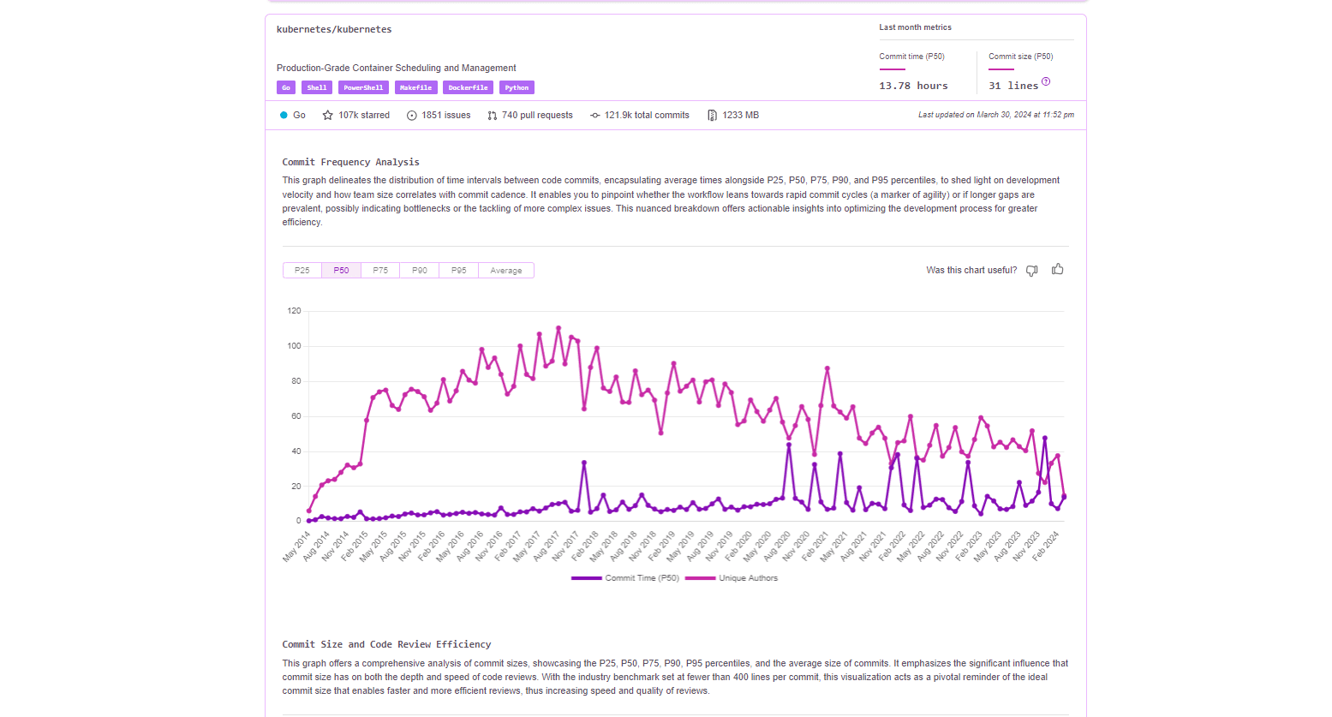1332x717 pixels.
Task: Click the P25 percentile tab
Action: tap(302, 271)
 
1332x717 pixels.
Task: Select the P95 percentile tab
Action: tap(459, 271)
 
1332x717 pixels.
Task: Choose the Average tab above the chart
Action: tap(505, 271)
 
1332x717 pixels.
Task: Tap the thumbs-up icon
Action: tap(1058, 269)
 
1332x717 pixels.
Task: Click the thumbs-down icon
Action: tap(1032, 271)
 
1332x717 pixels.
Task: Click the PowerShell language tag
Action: tap(363, 87)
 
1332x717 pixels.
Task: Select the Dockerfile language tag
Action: tap(468, 87)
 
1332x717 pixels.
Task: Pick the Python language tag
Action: tap(517, 87)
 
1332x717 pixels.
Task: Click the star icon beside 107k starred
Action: tap(327, 115)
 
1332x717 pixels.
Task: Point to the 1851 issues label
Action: tap(445, 115)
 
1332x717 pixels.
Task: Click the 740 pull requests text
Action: tap(537, 115)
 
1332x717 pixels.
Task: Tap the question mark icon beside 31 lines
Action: tap(1046, 82)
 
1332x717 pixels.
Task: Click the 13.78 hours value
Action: tap(913, 86)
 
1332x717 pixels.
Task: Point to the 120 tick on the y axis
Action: tap(295, 311)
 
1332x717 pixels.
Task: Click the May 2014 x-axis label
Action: tap(296, 547)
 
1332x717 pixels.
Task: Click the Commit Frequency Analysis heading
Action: tap(350, 162)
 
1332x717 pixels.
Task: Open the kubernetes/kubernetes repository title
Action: tap(334, 29)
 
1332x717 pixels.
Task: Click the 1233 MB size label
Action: tap(740, 115)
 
